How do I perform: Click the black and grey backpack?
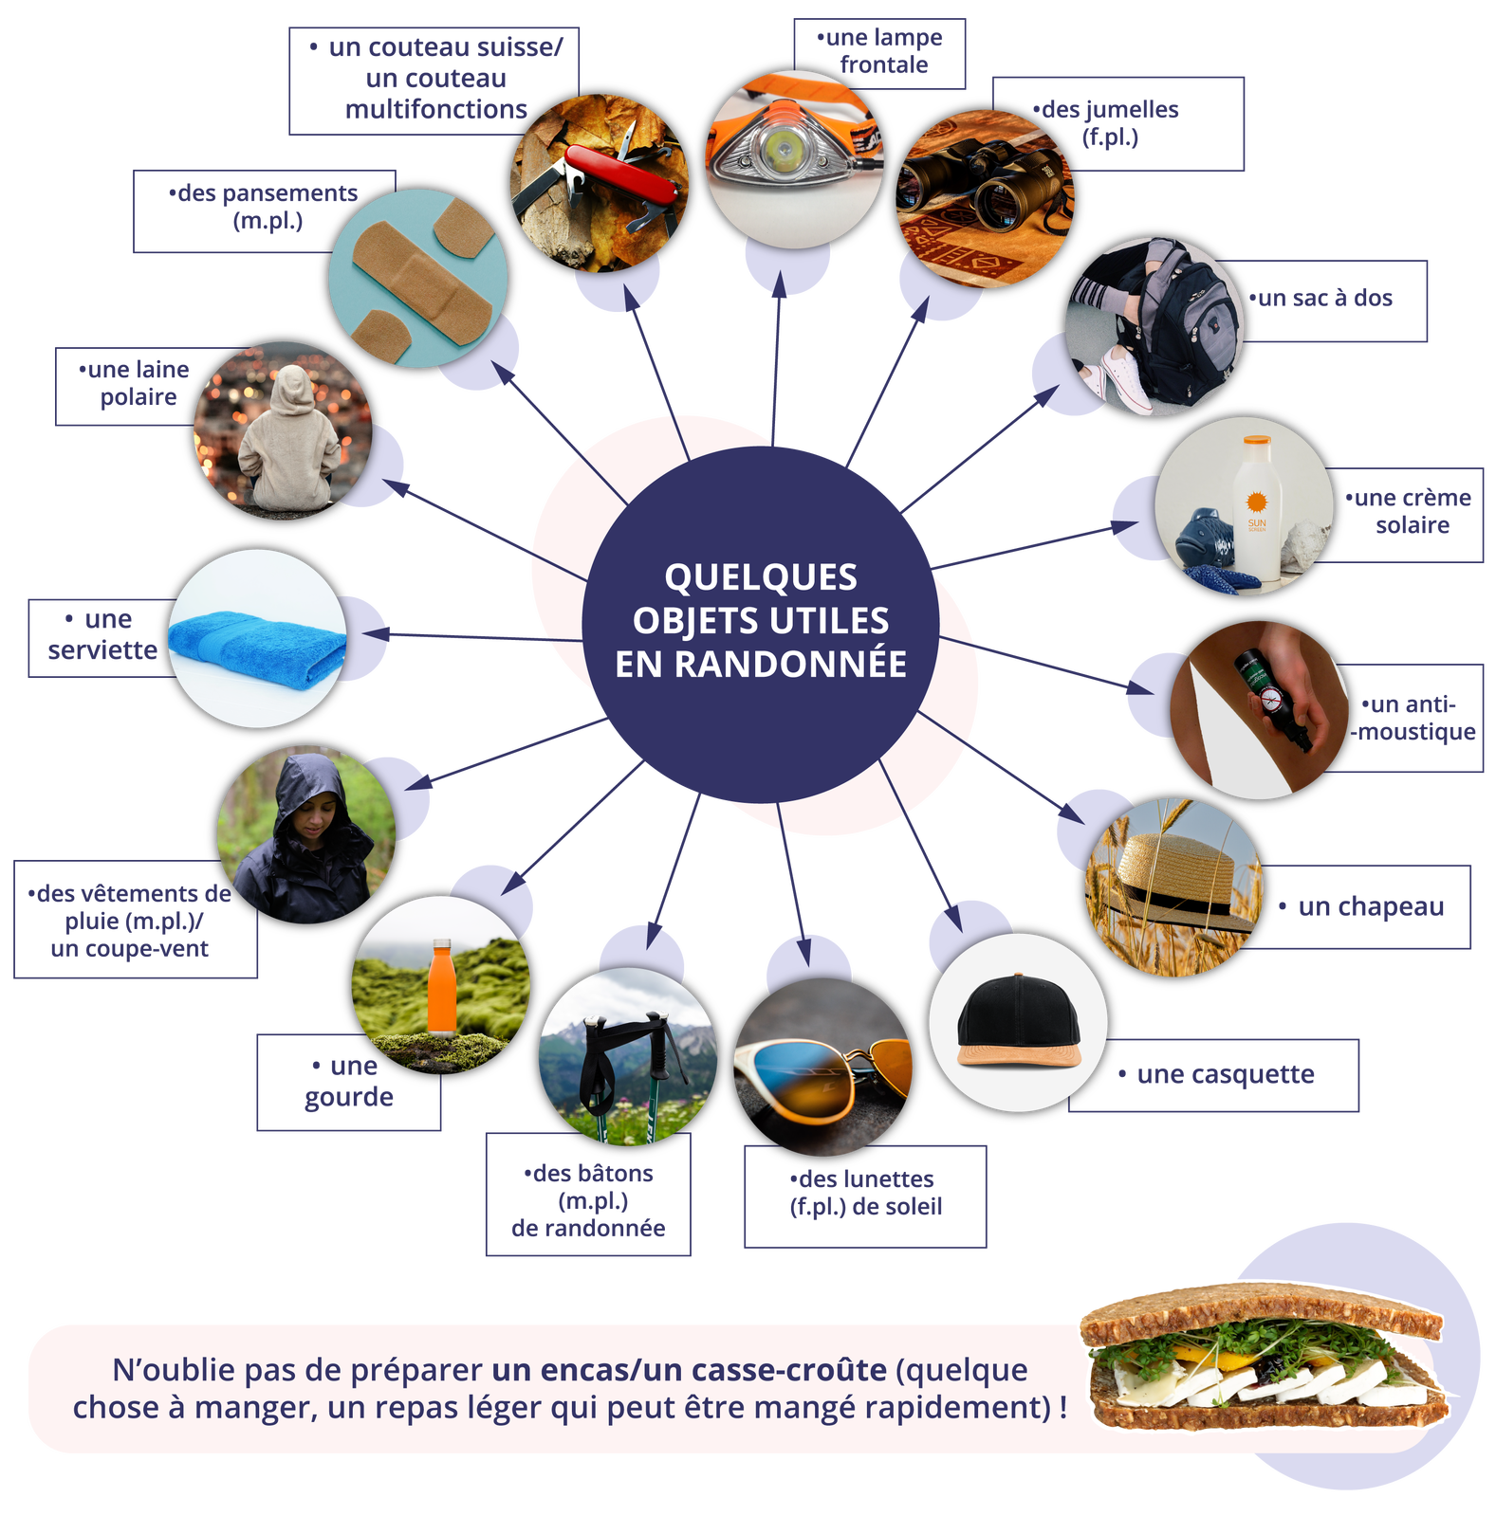(1181, 327)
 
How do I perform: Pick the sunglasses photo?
(822, 1067)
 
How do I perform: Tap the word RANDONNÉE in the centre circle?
(761, 664)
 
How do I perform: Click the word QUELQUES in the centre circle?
(761, 576)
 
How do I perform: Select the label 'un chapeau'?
(1370, 907)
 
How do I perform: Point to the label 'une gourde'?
(349, 1082)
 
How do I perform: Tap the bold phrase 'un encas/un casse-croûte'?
(689, 1370)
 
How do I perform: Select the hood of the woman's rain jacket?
(305, 782)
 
